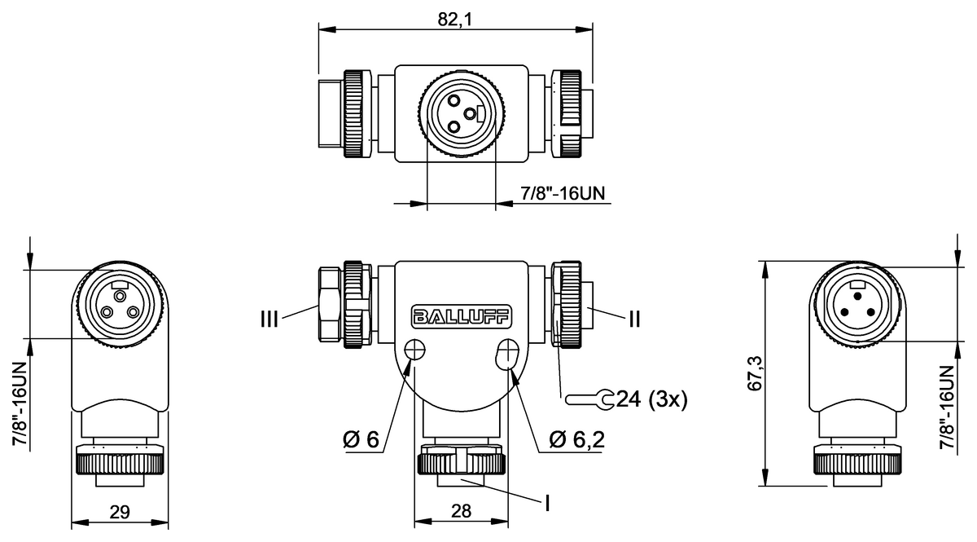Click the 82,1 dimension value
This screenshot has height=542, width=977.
[455, 20]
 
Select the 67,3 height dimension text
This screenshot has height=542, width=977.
[755, 373]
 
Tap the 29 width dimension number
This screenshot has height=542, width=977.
[120, 512]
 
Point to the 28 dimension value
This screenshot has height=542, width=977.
[461, 511]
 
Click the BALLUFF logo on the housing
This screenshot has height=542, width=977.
[462, 316]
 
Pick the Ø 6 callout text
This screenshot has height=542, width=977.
[361, 439]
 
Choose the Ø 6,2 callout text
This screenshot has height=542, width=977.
[577, 439]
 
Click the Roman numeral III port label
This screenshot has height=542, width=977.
[269, 319]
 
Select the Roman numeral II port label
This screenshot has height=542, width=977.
[634, 319]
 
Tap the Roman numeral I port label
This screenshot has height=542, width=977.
[547, 503]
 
